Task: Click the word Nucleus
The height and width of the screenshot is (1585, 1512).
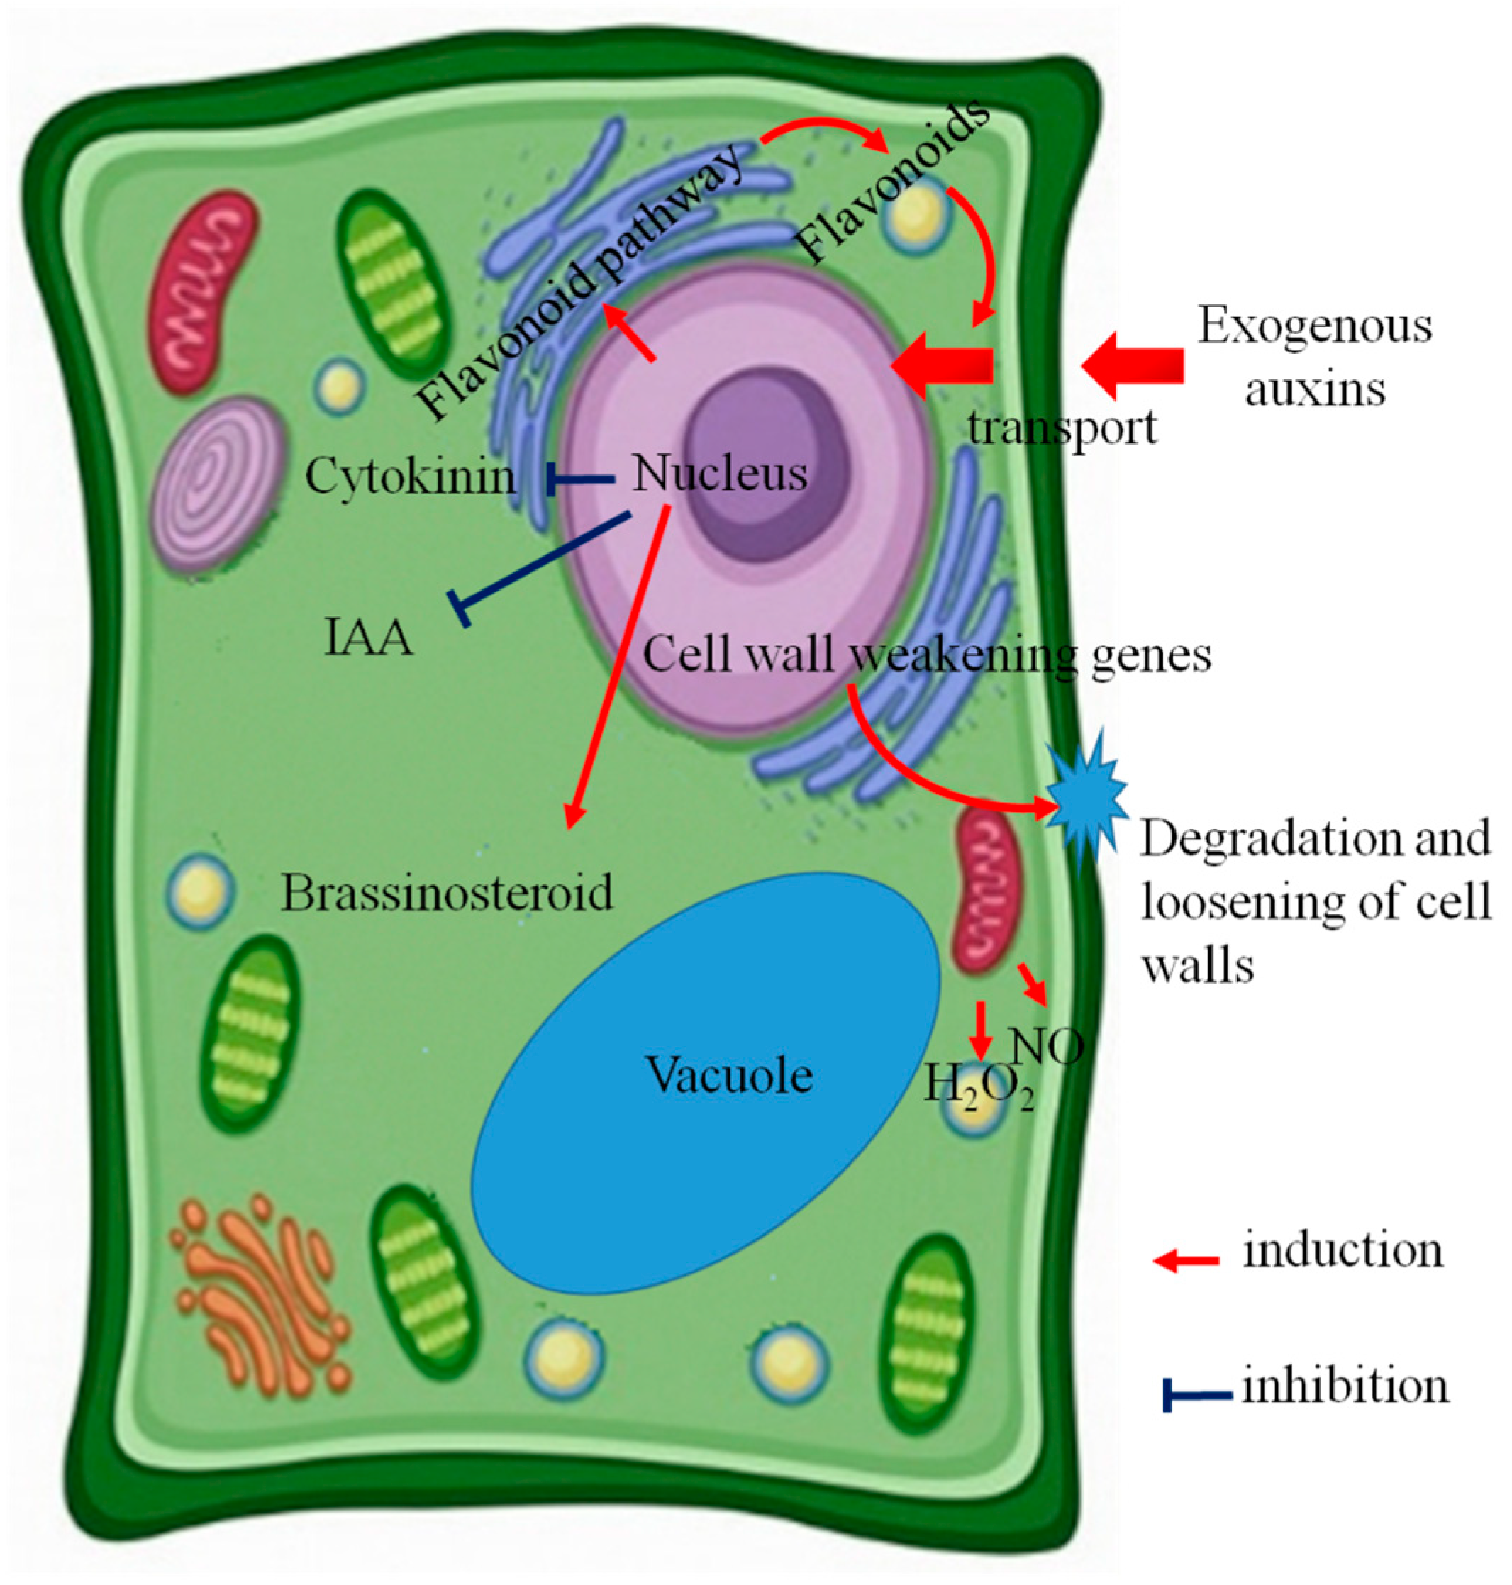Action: pos(720,474)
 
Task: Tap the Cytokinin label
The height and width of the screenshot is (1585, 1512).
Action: pos(409,477)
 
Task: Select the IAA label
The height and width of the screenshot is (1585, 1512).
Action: pos(368,638)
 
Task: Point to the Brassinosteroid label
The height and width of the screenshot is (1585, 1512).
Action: pos(447,893)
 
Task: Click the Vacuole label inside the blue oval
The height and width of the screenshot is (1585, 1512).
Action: pos(728,1075)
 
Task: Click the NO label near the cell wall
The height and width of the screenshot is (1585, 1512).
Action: pos(1046,1047)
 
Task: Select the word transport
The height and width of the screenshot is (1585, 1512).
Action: pos(1062,427)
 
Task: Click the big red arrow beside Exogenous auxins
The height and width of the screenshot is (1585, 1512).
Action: pos(1133,365)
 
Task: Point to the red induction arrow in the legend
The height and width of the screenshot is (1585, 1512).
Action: pos(1186,1261)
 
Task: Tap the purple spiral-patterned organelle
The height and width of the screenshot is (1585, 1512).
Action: pos(219,484)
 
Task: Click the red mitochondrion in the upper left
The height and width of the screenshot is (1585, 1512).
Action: pos(204,291)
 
